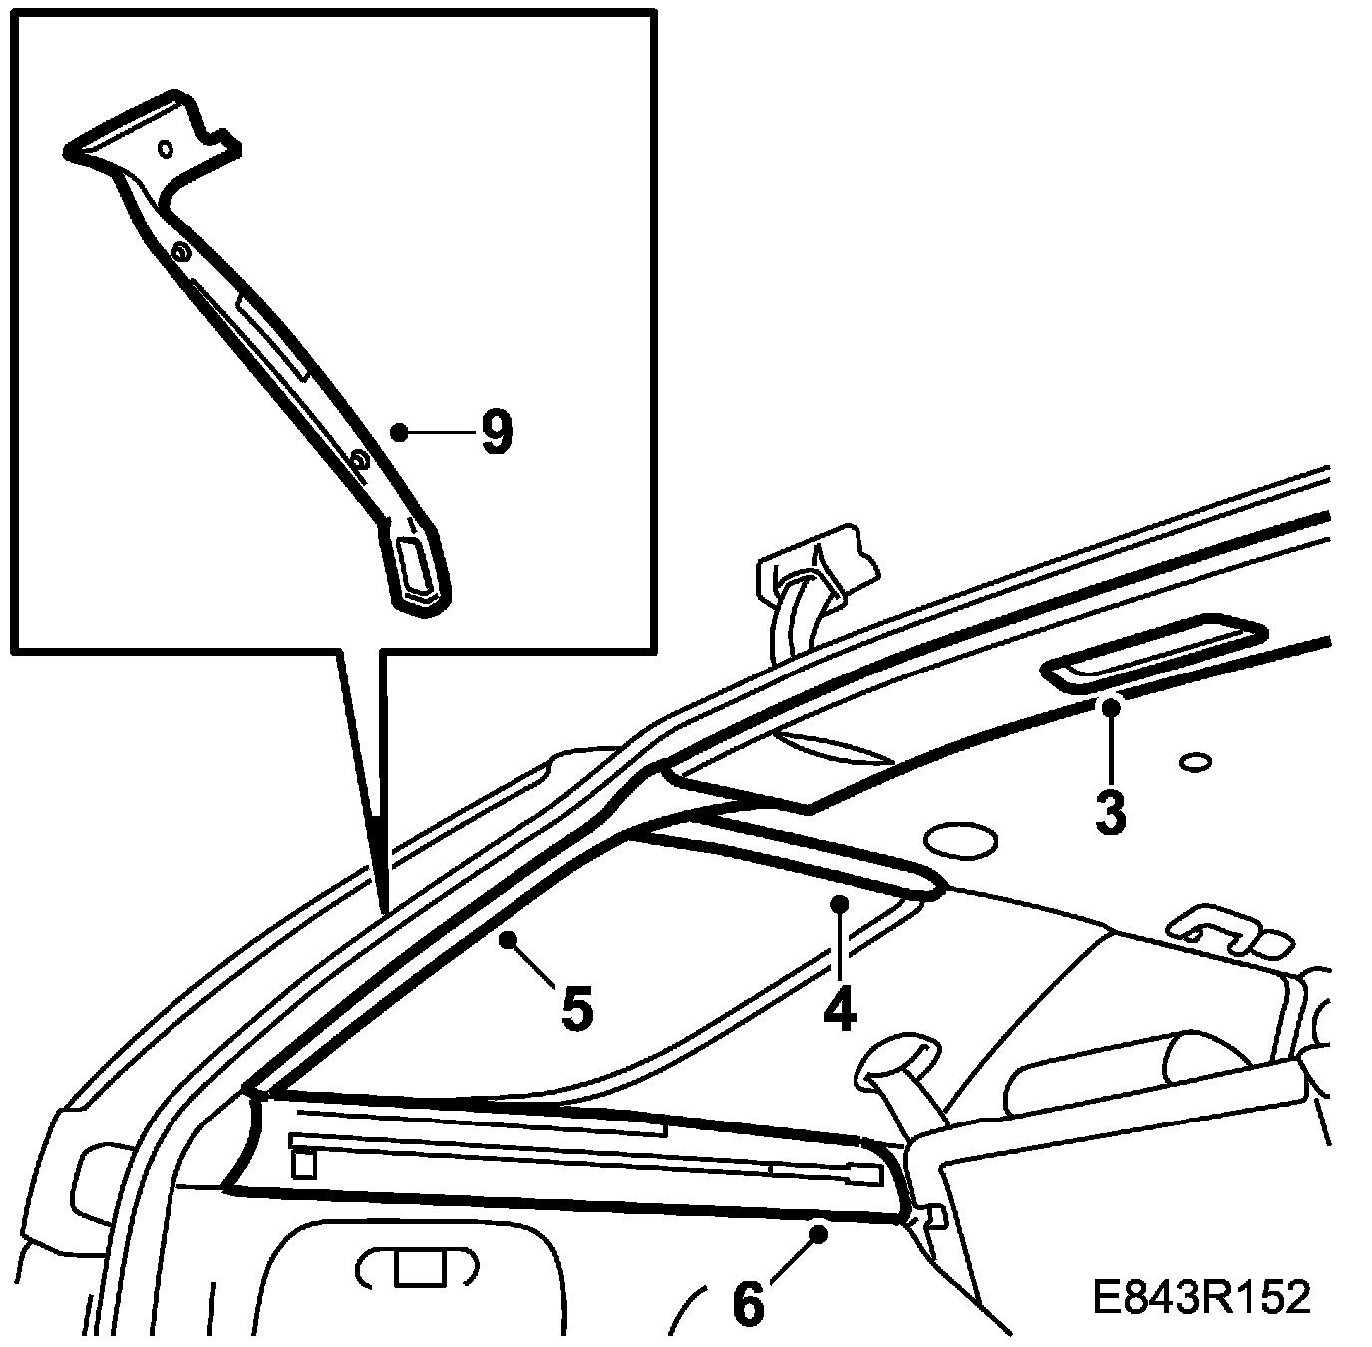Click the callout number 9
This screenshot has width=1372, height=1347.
pyautogui.click(x=496, y=433)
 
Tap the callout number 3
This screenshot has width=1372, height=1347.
pyautogui.click(x=1110, y=812)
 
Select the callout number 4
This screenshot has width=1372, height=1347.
pyautogui.click(x=839, y=1009)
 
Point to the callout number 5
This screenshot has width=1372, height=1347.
pyautogui.click(x=577, y=1009)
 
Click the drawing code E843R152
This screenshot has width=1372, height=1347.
pyautogui.click(x=1200, y=1298)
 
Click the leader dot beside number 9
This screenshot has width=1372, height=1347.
pyautogui.click(x=399, y=432)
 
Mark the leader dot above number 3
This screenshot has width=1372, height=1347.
pyautogui.click(x=1111, y=707)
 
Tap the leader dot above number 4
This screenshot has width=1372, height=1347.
pyautogui.click(x=840, y=903)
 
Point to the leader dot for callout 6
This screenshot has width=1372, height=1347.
pyautogui.click(x=820, y=1234)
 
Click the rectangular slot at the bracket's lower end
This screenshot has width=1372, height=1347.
pyautogui.click(x=416, y=566)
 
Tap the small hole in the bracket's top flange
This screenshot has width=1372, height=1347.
pyautogui.click(x=167, y=149)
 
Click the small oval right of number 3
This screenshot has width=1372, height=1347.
pyautogui.click(x=1194, y=763)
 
